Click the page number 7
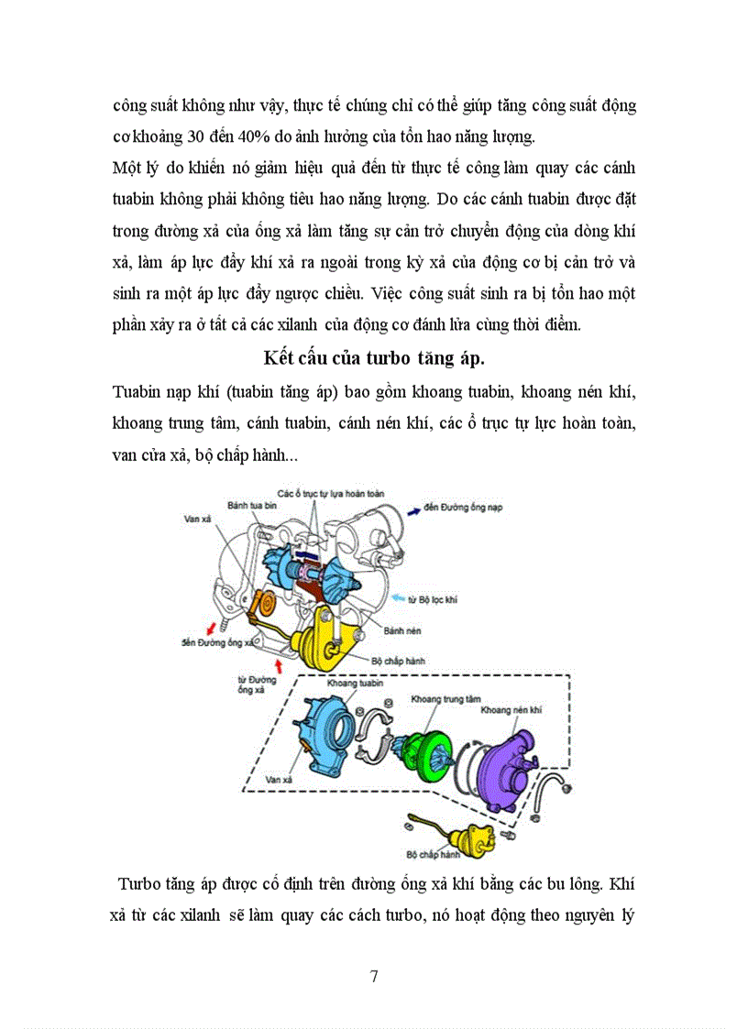click(374, 976)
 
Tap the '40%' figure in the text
click(247, 137)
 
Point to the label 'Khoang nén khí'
click(511, 709)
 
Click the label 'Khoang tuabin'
click(353, 684)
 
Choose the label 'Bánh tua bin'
click(251, 504)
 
